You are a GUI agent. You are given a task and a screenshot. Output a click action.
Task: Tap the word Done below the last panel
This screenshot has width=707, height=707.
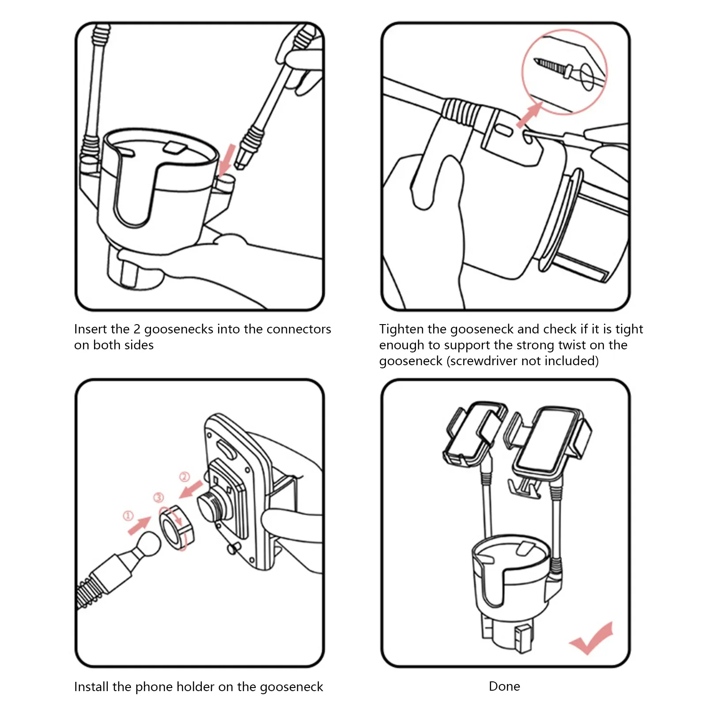coord(504,686)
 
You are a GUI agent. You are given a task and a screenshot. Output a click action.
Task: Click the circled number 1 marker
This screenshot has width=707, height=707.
coord(128,516)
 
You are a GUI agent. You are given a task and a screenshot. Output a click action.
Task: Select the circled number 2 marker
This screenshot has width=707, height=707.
coord(185,477)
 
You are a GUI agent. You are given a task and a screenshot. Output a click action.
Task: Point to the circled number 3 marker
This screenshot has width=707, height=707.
coord(159,497)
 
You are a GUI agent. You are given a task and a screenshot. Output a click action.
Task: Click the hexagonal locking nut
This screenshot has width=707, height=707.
coord(177,528)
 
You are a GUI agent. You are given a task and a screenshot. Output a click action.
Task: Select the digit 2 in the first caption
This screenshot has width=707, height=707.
coord(137,329)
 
